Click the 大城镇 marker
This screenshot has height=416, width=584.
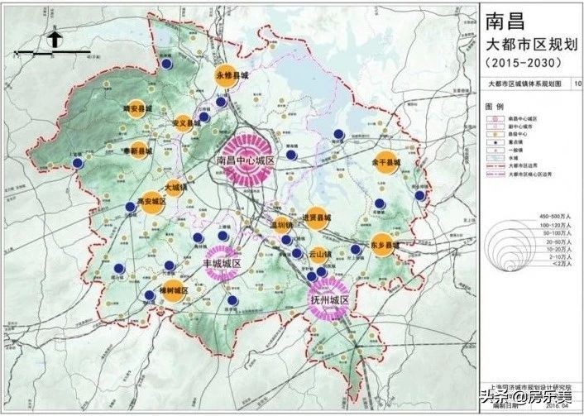click(x=175, y=187)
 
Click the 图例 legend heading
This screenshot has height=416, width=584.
click(x=494, y=108)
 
